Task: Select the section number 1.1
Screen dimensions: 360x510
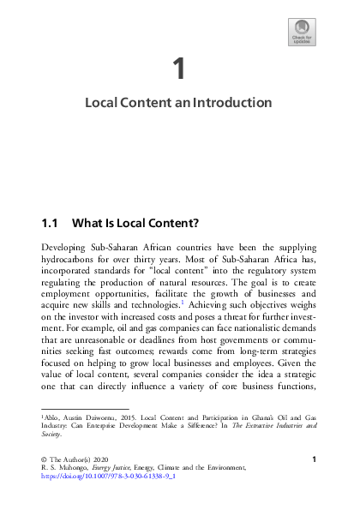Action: pos(50,224)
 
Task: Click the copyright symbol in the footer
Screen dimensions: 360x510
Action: pos(45,461)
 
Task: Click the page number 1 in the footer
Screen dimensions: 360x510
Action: pos(315,461)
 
